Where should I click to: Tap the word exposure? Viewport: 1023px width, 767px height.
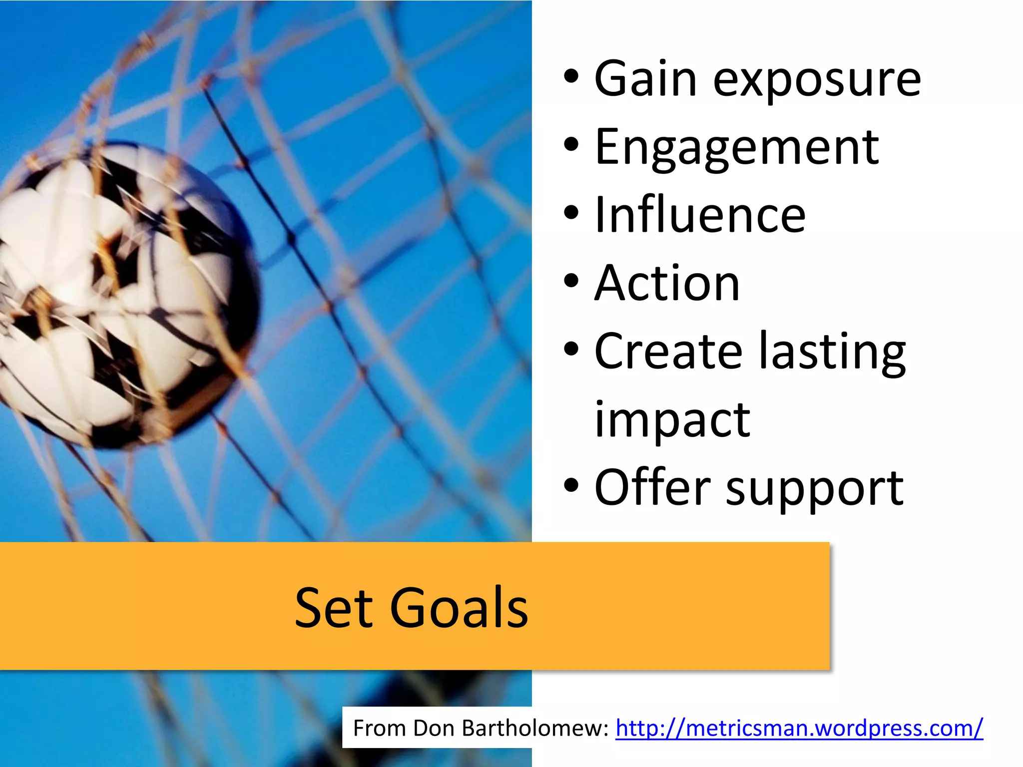point(817,81)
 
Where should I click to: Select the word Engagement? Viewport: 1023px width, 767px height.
point(737,149)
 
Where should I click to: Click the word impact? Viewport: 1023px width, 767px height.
point(672,421)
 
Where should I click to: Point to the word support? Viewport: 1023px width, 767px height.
point(815,489)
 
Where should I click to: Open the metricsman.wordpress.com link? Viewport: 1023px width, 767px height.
point(799,728)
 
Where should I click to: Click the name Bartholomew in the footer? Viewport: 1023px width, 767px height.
point(535,728)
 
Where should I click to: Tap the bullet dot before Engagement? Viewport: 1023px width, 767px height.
point(571,145)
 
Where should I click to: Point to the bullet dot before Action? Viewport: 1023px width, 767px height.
point(571,281)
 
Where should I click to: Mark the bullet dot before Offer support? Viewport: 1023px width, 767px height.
point(571,485)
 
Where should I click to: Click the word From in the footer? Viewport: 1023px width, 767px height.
point(380,728)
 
